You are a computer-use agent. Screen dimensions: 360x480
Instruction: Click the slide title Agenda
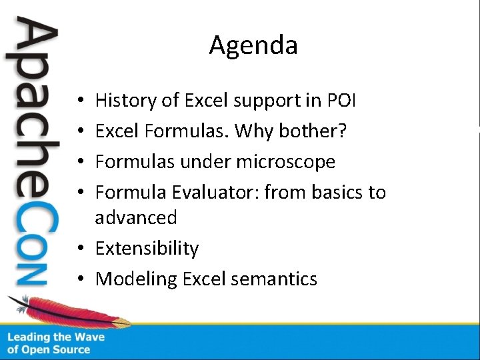click(x=253, y=46)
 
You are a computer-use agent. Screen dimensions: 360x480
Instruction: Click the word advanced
click(x=136, y=218)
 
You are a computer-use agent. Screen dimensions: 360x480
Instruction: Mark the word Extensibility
click(x=147, y=249)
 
